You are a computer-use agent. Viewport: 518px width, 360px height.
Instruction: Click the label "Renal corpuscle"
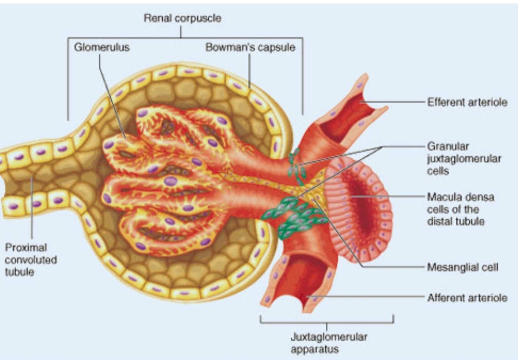pyautogui.click(x=182, y=18)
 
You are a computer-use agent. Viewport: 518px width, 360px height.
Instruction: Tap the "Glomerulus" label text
pyautogui.click(x=102, y=47)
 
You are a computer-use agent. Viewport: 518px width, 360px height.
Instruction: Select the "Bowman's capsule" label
pyautogui.click(x=250, y=47)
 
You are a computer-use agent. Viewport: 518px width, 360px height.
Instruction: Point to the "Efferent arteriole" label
pyautogui.click(x=467, y=102)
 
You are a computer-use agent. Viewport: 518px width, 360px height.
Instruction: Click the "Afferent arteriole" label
pyautogui.click(x=467, y=298)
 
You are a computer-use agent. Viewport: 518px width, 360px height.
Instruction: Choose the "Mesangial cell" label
pyautogui.click(x=462, y=267)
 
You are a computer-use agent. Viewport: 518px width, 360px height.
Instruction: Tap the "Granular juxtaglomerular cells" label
pyautogui.click(x=464, y=159)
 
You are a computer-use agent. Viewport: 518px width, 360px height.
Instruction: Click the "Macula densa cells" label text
pyautogui.click(x=461, y=209)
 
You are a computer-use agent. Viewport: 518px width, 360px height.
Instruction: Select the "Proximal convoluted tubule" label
pyautogui.click(x=31, y=260)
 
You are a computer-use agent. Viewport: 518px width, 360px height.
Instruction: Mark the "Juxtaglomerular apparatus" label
pyautogui.click(x=329, y=343)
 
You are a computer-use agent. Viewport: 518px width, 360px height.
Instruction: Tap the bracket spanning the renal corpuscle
pyautogui.click(x=183, y=38)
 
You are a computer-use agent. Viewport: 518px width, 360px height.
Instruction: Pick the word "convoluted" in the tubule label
pyautogui.click(x=31, y=260)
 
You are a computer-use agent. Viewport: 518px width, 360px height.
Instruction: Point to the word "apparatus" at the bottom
pyautogui.click(x=315, y=349)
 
